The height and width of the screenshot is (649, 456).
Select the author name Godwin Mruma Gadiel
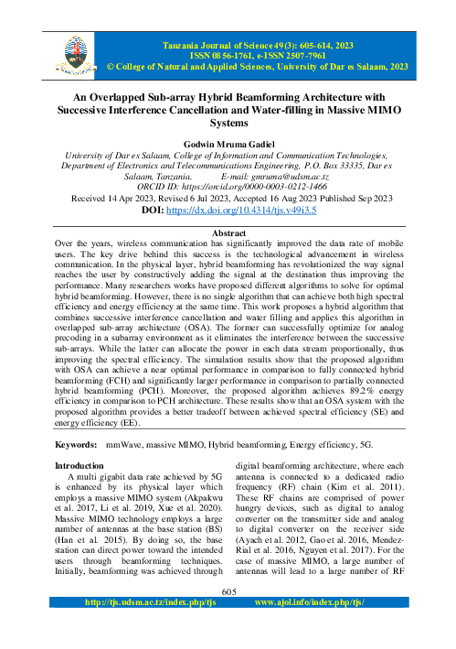[228, 145]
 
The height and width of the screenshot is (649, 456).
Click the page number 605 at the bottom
[228, 619]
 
